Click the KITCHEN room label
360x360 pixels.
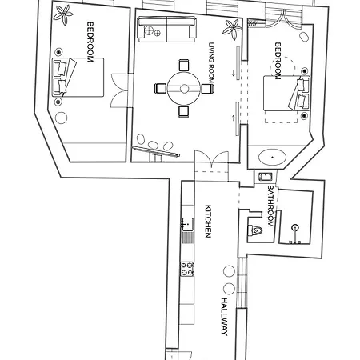click(x=208, y=221)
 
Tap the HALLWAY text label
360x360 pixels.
click(x=225, y=317)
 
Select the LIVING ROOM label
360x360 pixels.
click(x=211, y=63)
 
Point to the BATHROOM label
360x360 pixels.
click(x=270, y=206)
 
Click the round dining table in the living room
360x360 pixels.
click(x=184, y=89)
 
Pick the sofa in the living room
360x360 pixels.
click(x=167, y=29)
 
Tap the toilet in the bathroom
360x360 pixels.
click(x=255, y=230)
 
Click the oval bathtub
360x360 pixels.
click(x=272, y=157)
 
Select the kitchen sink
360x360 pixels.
click(x=187, y=224)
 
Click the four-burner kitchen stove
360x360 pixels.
click(x=187, y=269)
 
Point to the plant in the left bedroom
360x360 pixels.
click(x=63, y=15)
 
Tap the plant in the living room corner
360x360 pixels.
click(x=232, y=29)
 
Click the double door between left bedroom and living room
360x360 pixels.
click(x=120, y=90)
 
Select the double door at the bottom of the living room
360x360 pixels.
click(x=211, y=159)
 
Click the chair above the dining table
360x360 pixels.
click(x=184, y=65)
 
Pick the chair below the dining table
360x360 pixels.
click(x=184, y=112)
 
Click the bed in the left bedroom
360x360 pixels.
click(x=78, y=78)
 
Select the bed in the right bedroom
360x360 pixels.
click(x=286, y=93)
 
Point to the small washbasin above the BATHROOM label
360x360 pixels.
click(x=266, y=177)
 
